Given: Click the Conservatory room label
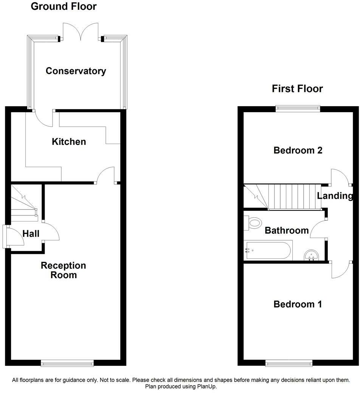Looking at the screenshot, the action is point(76,71).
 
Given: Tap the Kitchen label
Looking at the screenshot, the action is point(69,142).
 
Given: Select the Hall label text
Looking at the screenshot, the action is point(31,234).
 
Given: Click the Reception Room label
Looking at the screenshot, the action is point(64,270).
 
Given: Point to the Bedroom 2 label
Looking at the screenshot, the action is point(298,150).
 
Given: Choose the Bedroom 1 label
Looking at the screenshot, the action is point(298,304).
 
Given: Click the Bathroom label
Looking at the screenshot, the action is point(287,231).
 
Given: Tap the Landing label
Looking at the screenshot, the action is point(335,196).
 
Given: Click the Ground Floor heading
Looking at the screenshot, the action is point(64,6).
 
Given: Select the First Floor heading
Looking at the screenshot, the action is point(297,89).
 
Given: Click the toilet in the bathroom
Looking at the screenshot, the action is point(253,223).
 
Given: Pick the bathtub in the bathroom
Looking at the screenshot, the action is point(268,251).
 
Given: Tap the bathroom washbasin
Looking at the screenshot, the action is point(311,256).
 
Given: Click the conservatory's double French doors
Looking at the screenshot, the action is point(80,32).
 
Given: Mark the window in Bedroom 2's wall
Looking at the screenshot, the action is point(298,108).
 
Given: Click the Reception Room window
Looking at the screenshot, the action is point(67,364).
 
